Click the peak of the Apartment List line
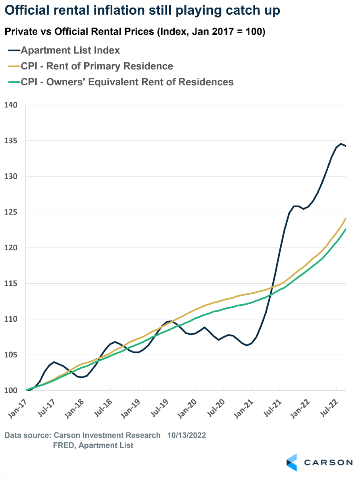tap(341, 144)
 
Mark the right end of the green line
tap(346, 229)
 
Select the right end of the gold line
tap(346, 218)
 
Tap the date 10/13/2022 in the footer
tap(186, 435)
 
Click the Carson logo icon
tap(292, 462)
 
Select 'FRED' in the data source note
tap(63, 445)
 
